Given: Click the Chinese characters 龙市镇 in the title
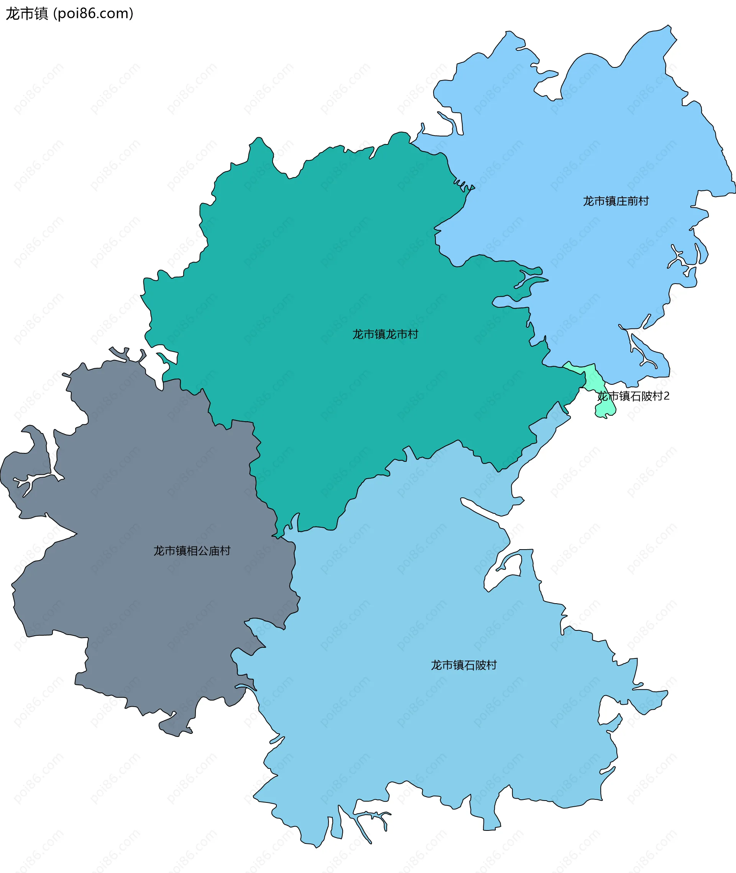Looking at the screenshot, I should (27, 14).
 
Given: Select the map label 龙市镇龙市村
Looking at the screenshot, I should (385, 334).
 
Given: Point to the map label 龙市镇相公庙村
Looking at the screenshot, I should (192, 551).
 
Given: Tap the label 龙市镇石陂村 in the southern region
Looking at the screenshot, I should (463, 665).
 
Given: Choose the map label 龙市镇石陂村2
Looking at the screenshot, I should (633, 396).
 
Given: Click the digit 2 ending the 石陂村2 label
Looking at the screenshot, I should (666, 396).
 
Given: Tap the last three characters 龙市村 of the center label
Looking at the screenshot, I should (402, 334).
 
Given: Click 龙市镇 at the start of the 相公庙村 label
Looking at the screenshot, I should (170, 551).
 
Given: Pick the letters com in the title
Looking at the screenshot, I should (117, 14).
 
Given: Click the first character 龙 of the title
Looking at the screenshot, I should (13, 14).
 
